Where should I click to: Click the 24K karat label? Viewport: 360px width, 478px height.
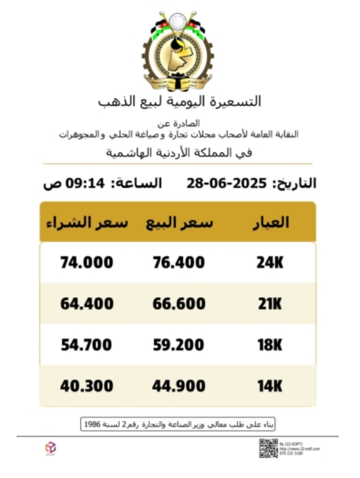click(270, 263)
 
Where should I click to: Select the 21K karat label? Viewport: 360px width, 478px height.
click(270, 304)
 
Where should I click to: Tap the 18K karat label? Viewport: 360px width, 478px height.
click(270, 345)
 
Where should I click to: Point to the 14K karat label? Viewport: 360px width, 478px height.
click(270, 386)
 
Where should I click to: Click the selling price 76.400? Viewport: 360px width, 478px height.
click(178, 263)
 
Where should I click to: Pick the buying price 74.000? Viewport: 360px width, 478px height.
click(87, 263)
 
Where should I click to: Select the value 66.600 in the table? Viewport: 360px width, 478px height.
click(178, 304)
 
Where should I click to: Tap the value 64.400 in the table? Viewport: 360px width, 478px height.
click(87, 304)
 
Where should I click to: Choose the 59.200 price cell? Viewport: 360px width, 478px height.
click(178, 345)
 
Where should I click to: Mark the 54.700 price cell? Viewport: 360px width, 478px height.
click(87, 345)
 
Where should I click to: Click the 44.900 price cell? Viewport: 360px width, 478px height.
click(178, 386)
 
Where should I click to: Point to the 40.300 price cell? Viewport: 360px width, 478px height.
click(87, 386)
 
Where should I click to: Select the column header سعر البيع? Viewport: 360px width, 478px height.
click(179, 222)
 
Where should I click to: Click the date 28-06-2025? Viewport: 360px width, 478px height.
click(227, 184)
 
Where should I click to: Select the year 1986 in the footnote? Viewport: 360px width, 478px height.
click(92, 425)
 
